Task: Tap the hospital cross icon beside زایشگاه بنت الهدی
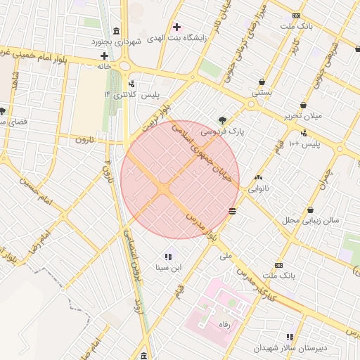point(176,27)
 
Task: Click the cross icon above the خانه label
point(104,56)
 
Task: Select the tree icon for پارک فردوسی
point(223,120)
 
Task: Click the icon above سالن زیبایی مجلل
point(310,210)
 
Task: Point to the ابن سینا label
point(168,267)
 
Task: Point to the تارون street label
point(85,139)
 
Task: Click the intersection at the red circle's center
point(165,188)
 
